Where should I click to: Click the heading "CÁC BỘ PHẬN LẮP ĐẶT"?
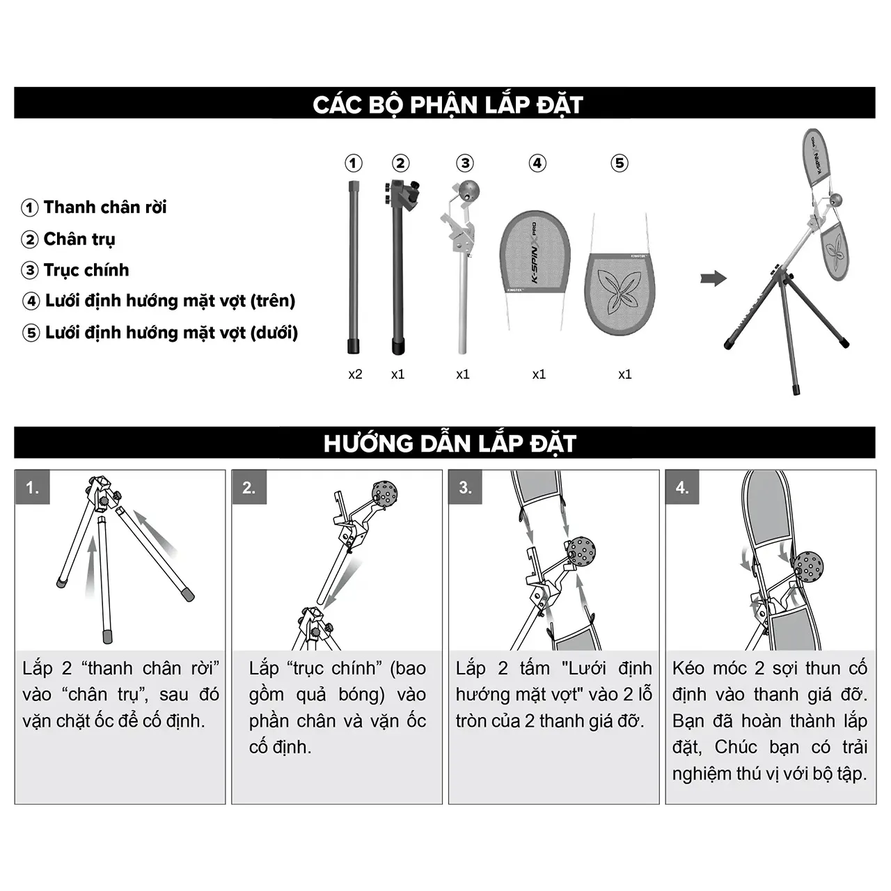click(x=448, y=104)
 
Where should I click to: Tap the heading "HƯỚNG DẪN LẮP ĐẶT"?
click(x=450, y=443)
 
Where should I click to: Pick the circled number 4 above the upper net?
click(x=537, y=163)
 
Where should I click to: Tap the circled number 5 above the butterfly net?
click(x=620, y=163)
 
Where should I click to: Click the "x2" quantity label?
click(x=355, y=374)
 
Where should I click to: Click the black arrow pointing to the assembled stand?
click(x=713, y=278)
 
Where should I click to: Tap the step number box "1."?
click(x=32, y=487)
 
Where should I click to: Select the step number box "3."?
click(x=466, y=487)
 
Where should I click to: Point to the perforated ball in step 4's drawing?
click(x=808, y=567)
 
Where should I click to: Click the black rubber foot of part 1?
click(x=354, y=347)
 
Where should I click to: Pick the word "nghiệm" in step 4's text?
click(x=702, y=774)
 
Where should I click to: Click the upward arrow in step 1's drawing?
click(x=92, y=566)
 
